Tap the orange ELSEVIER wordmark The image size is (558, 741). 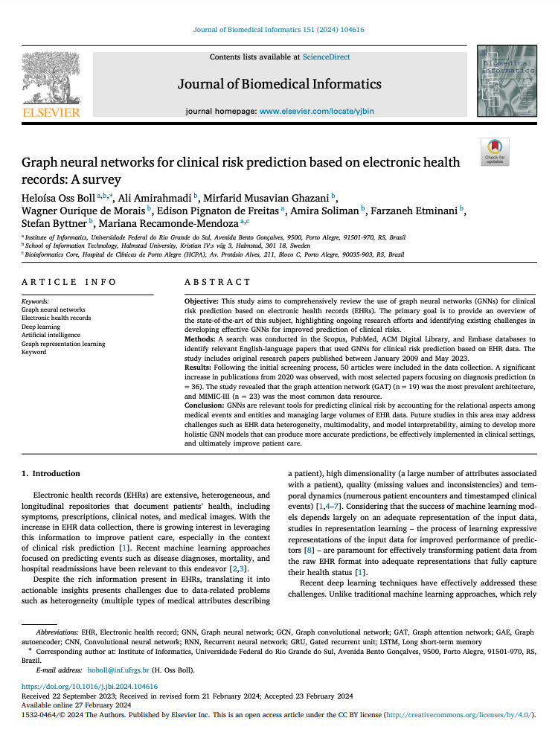coord(51,112)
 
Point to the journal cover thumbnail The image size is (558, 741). coord(507,80)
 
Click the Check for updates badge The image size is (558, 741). coord(495,151)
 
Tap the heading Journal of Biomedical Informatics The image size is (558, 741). coord(279,83)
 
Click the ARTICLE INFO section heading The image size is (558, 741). coord(68,282)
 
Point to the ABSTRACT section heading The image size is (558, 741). coord(217,282)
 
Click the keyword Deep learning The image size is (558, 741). coord(41,326)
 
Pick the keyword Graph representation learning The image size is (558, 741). coord(63,344)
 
